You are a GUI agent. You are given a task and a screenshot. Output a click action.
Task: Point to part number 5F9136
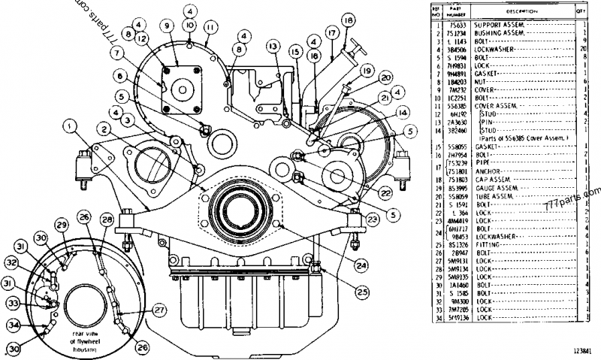[455, 318]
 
